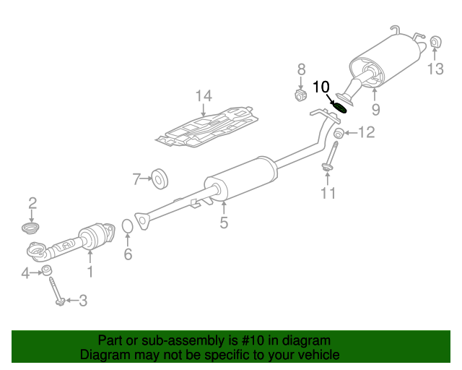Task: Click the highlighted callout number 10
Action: (x=321, y=87)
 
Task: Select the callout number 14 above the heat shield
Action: (x=204, y=96)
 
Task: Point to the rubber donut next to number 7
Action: (x=160, y=178)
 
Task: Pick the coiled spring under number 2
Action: (x=30, y=228)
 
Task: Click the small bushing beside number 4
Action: (x=47, y=270)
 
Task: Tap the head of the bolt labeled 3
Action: (x=61, y=301)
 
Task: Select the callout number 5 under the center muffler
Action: (x=224, y=222)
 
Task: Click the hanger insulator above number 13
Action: (x=435, y=42)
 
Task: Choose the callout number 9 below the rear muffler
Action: (x=375, y=109)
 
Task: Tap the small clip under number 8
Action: (x=300, y=95)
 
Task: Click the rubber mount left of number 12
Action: (x=339, y=134)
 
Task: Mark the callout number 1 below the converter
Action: (x=90, y=272)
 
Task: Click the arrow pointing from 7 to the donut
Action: (x=146, y=178)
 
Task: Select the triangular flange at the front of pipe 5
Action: (x=142, y=220)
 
